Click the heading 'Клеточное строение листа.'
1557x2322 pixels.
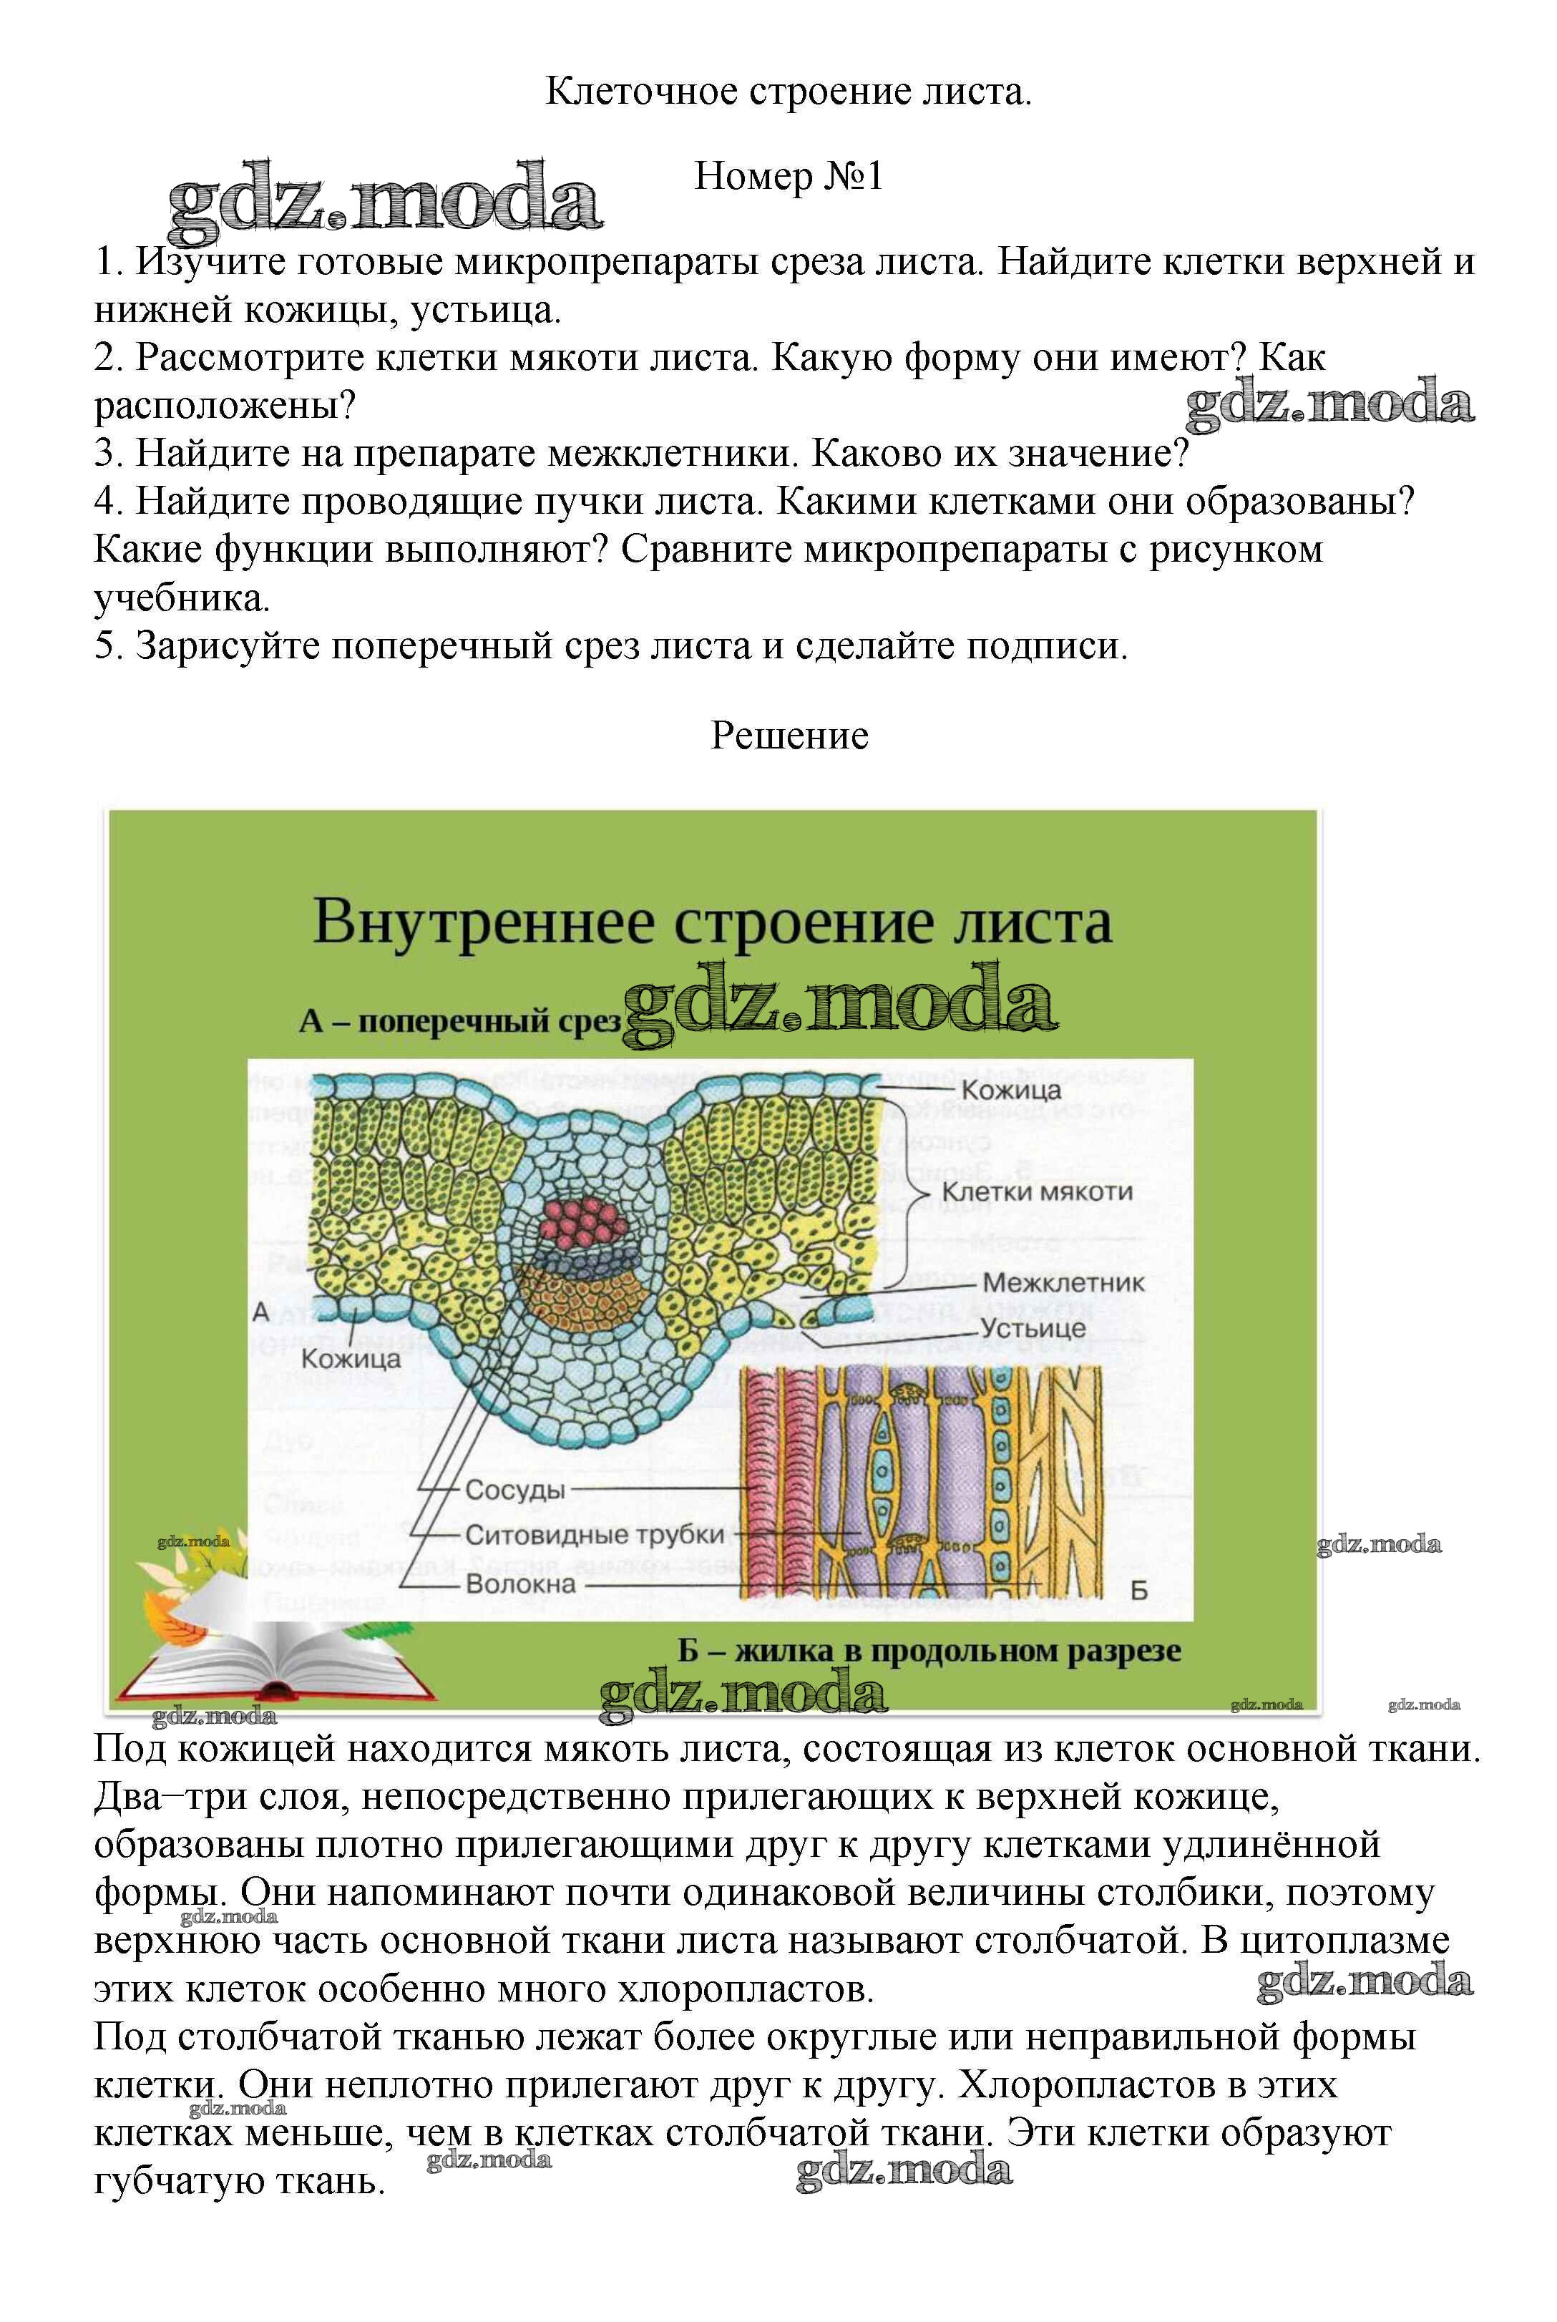coord(789,92)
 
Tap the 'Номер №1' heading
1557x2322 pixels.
coord(789,177)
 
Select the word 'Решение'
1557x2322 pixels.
coord(789,736)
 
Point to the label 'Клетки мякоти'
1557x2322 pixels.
coord(1037,1191)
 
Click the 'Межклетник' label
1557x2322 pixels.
coord(1063,1282)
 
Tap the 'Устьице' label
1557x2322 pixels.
coord(1033,1327)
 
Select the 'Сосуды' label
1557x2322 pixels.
coord(514,1490)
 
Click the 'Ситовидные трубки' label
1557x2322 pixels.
coord(595,1535)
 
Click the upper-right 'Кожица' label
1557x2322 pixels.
coord(1011,1090)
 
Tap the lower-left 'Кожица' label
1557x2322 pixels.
coord(351,1358)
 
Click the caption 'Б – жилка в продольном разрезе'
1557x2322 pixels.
coord(929,1650)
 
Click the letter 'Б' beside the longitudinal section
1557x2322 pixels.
coord(1139,1591)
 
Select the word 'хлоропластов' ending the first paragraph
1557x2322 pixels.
coord(745,1989)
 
